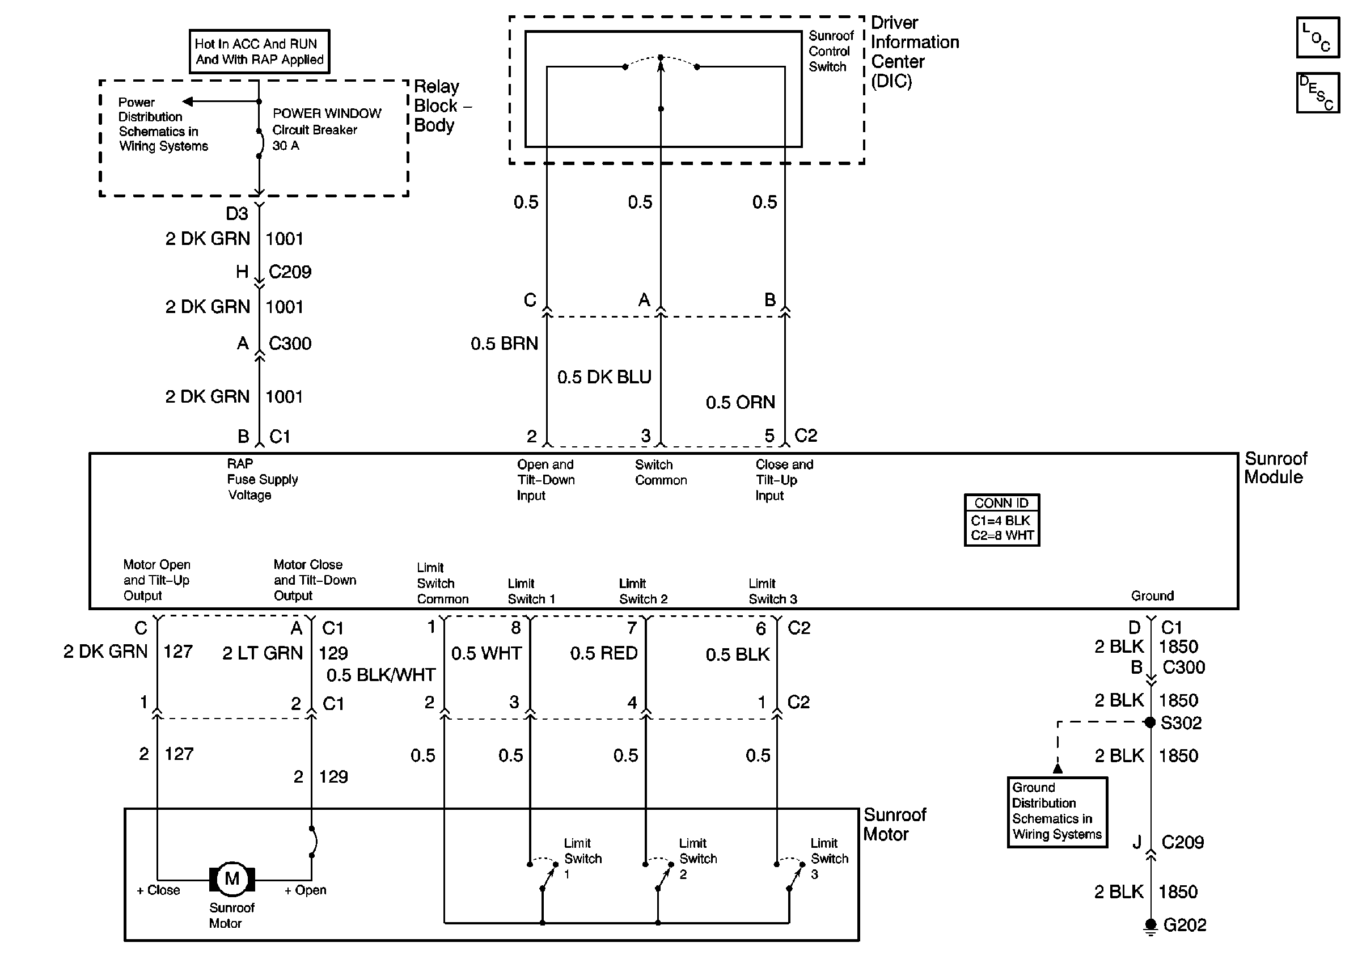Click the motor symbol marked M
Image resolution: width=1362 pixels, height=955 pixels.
pos(232,878)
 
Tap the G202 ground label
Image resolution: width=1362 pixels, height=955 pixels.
pos(1184,925)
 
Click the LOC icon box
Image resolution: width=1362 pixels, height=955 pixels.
pos(1318,38)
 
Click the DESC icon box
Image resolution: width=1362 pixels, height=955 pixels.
pos(1318,92)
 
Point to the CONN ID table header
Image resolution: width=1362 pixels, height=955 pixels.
pos(1001,503)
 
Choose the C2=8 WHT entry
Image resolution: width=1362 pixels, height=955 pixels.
pos(1002,536)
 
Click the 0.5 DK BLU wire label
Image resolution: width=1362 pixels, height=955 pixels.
pos(604,377)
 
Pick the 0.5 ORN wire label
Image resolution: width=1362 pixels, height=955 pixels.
pos(740,403)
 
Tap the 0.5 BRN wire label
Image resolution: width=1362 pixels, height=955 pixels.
pos(504,344)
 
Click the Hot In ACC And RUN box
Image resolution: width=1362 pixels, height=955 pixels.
pos(259,52)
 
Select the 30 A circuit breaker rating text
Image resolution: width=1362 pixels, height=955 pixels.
pos(285,146)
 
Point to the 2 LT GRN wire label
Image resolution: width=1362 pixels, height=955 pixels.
pos(262,653)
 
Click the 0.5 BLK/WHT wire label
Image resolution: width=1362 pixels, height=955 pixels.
pos(381,675)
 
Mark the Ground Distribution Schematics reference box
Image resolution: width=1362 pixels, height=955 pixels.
pos(1057,812)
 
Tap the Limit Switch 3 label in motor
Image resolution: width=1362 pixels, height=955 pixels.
pos(830,859)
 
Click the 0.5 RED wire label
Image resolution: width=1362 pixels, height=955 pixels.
pos(603,653)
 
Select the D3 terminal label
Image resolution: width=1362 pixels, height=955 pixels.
pos(236,214)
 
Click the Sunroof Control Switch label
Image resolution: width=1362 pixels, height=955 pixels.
pos(831,52)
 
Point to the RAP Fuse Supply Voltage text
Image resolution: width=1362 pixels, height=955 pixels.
pos(261,479)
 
